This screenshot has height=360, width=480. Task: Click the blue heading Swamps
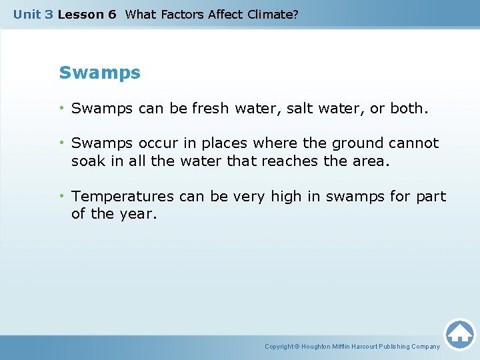point(99,73)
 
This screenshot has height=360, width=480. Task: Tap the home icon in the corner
point(459,334)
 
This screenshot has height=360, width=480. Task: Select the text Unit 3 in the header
point(33,14)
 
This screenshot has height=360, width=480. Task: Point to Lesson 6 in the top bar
point(87,14)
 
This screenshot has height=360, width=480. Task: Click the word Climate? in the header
point(273,14)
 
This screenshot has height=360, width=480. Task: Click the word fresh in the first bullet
point(210,108)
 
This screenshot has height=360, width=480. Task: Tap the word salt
point(301,108)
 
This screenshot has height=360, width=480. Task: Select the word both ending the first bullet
point(406,108)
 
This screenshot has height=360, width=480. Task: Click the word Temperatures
point(123,197)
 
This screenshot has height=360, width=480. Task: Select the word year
point(138,215)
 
